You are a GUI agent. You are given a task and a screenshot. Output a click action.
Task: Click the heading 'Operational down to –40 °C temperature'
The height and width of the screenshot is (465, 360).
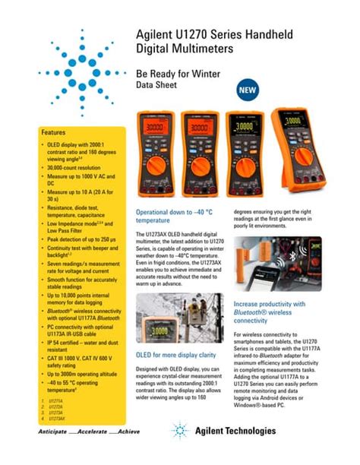coord(172,216)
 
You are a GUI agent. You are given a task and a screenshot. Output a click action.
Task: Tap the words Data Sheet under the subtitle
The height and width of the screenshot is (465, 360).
coord(156,86)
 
